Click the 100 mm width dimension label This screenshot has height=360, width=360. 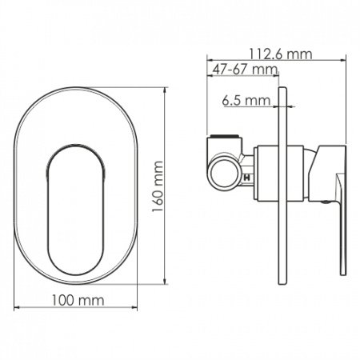[78, 300]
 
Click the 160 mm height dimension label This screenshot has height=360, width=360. [158, 186]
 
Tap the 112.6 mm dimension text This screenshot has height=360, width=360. [281, 54]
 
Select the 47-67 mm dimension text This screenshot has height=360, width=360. [245, 70]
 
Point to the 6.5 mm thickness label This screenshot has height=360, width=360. [246, 100]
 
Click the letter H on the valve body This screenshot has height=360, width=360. [247, 178]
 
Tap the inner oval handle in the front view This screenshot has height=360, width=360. [76, 210]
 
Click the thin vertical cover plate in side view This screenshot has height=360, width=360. [282, 186]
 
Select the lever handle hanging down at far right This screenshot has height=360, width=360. [342, 224]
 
